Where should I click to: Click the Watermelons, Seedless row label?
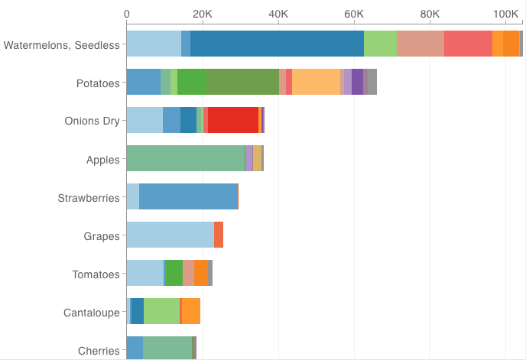point(62,45)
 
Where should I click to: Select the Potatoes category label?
point(98,83)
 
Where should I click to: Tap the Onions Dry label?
point(93,122)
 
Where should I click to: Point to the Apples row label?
point(103,160)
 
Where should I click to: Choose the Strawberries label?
point(89,198)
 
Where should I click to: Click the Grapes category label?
point(102,236)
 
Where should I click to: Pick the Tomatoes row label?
point(96,274)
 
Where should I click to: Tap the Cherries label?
point(99,351)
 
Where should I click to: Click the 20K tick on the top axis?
point(202,14)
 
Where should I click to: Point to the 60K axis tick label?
point(354,14)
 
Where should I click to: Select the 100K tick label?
point(506,14)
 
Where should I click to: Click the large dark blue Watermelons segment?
point(277,44)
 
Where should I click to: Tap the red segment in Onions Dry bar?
point(232,121)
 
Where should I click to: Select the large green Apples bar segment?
point(185,159)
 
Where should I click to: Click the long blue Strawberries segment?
point(189,197)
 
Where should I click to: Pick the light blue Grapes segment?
point(170,235)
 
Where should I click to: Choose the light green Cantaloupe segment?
point(161,312)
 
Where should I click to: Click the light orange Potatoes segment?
point(316,83)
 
